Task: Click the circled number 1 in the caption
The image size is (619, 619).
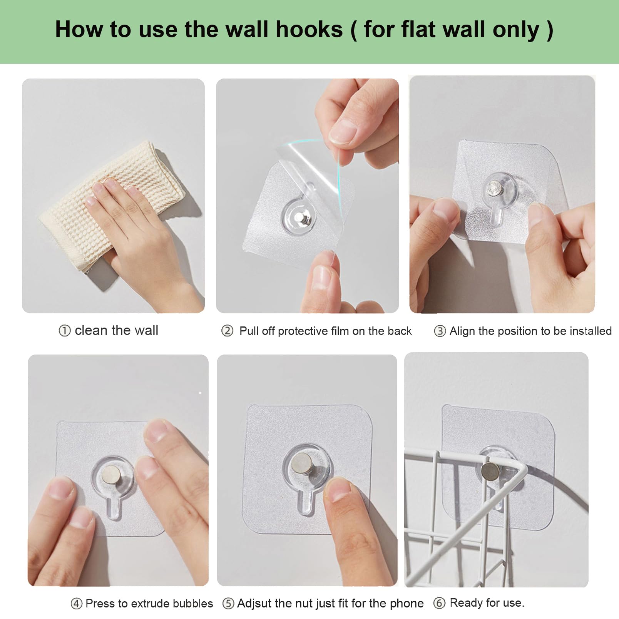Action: point(64,331)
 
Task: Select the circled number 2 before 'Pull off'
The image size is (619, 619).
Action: point(227,331)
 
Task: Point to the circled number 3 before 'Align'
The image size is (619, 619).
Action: point(440,331)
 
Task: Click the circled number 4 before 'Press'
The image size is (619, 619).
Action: point(76,604)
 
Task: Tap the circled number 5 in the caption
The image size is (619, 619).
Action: point(228,603)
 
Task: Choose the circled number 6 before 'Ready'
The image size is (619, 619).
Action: point(439,603)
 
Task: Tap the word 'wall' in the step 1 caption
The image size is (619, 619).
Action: point(146,330)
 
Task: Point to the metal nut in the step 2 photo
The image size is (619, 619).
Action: point(301,219)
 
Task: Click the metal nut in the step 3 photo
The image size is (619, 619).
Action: point(493,189)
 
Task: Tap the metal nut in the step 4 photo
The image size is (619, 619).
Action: point(111,473)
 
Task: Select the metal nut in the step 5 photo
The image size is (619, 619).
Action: point(303,462)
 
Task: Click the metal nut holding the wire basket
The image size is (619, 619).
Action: point(489,470)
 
